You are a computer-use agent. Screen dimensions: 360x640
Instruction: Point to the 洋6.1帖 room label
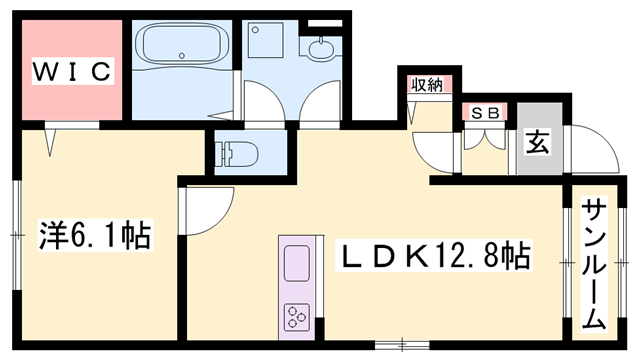pyautogui.click(x=96, y=236)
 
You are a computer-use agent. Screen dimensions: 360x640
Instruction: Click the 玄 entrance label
pyautogui.click(x=538, y=143)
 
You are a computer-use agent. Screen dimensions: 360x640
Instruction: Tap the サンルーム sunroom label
pyautogui.click(x=594, y=265)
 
